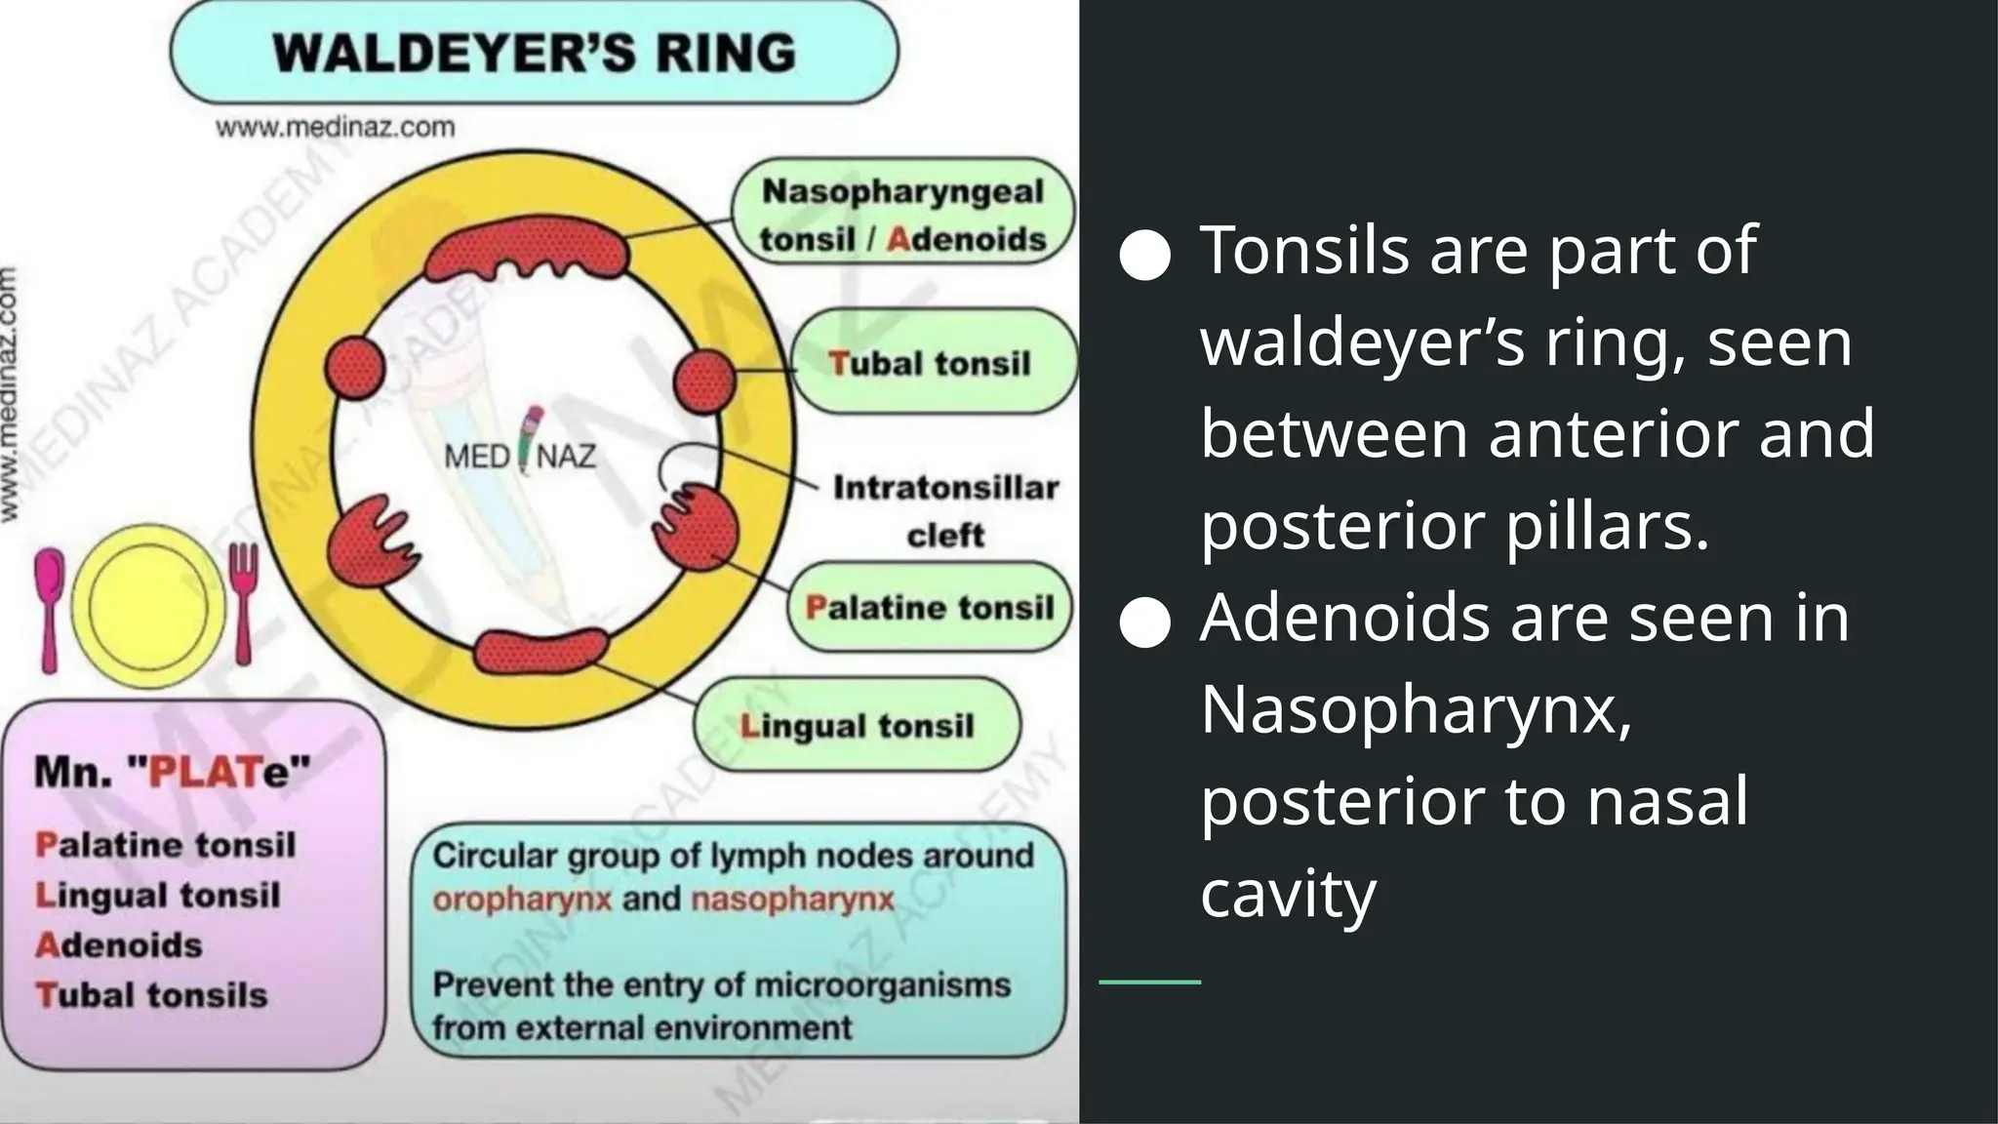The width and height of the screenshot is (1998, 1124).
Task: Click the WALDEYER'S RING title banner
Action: coord(534,53)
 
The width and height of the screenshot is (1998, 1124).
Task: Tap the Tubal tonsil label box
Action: coord(932,363)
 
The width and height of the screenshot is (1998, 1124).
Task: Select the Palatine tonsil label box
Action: coord(930,607)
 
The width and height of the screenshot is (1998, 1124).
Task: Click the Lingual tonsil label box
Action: coord(857,726)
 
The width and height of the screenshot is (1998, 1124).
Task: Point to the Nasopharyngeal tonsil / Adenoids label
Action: coord(902,215)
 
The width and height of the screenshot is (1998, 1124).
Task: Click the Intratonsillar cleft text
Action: coord(945,510)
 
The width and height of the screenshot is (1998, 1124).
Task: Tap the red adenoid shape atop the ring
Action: coord(527,252)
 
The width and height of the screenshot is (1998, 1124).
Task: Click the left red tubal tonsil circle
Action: coord(354,369)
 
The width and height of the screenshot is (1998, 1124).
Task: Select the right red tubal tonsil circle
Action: coord(704,381)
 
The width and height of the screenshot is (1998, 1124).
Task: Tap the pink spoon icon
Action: coord(49,605)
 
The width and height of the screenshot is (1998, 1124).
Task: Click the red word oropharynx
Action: coord(522,899)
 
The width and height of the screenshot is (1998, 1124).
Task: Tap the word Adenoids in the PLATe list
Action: coord(119,944)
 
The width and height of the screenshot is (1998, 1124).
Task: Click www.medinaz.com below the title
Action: coord(335,127)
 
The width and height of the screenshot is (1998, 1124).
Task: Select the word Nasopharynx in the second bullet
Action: coord(1416,710)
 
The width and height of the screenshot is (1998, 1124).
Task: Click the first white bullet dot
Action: coord(1144,257)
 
